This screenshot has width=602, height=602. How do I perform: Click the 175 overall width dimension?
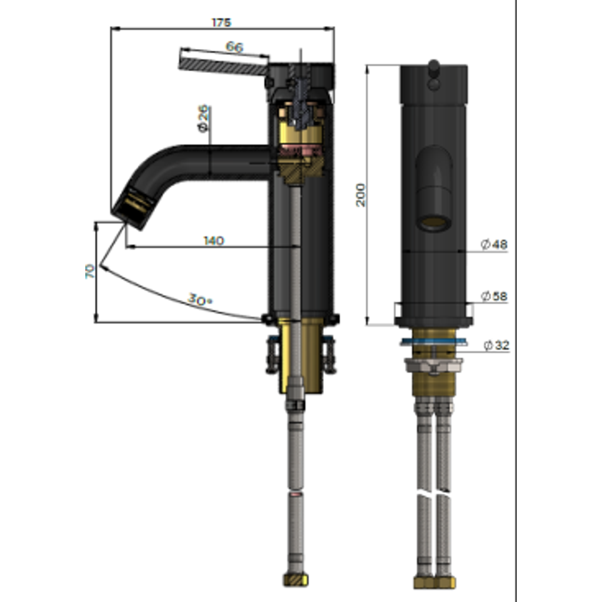(221, 23)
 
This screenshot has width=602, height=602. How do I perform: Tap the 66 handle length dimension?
(234, 47)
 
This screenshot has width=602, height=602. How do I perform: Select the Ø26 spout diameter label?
(203, 118)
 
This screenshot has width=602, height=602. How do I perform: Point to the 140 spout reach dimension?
(213, 241)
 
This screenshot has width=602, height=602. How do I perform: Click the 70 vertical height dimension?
(89, 271)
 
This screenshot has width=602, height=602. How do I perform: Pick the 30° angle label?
(200, 299)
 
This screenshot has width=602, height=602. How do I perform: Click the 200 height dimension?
(361, 195)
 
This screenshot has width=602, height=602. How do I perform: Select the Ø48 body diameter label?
(494, 244)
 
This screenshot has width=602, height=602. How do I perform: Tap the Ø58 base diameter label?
(494, 296)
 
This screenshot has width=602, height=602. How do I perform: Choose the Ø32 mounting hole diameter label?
(497, 345)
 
